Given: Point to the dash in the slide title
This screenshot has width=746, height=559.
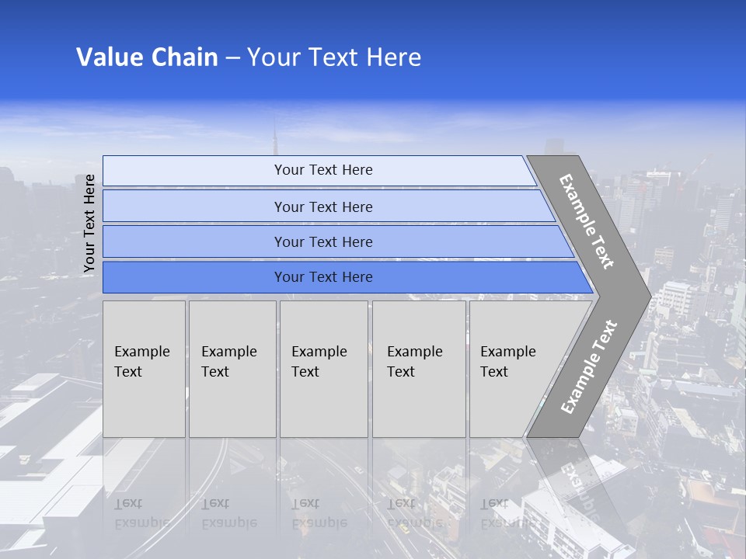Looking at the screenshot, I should click(x=232, y=58).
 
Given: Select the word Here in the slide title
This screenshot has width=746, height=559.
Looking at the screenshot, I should click(x=393, y=57).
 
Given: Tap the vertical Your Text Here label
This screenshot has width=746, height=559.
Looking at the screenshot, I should click(x=89, y=224).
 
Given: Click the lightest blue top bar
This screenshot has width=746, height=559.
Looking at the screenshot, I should click(x=322, y=170).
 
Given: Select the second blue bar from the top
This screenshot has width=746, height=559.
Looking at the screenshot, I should click(x=322, y=207).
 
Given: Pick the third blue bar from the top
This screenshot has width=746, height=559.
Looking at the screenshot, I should click(x=322, y=241).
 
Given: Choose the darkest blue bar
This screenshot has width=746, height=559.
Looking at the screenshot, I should click(x=322, y=277).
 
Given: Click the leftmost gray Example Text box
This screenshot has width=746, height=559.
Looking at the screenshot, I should click(x=144, y=369).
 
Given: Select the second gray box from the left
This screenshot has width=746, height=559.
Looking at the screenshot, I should click(x=232, y=369).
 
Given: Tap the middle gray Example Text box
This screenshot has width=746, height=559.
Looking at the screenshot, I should click(x=323, y=369).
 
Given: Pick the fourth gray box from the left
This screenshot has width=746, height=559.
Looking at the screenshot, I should click(x=419, y=369).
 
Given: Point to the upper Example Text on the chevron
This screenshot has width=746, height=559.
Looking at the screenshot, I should click(x=587, y=221).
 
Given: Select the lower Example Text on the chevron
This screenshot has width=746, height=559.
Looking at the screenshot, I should click(x=588, y=367).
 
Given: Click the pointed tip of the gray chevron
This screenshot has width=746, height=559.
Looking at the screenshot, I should click(x=649, y=296).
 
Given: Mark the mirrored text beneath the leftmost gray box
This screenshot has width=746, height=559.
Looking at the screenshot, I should click(x=142, y=513).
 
